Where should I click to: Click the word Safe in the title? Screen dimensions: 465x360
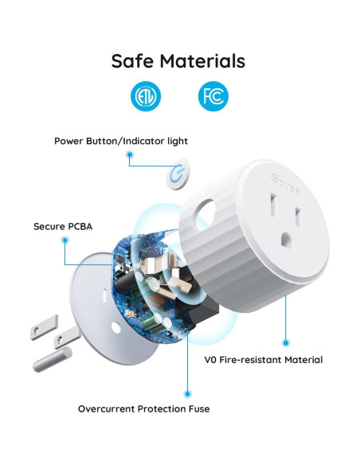point(132,61)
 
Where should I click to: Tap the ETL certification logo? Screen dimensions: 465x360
point(145,97)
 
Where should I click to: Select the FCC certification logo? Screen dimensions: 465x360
point(213,97)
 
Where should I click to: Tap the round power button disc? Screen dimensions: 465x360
point(178,175)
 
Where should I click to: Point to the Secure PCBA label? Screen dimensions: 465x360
point(63,226)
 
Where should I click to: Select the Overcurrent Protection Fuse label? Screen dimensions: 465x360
point(144,408)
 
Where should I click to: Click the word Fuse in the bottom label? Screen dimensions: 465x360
point(198,408)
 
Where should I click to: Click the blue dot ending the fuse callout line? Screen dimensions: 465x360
point(188,393)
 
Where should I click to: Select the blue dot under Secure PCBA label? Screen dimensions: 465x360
point(65,241)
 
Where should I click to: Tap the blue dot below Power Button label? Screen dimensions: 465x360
point(130,157)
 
